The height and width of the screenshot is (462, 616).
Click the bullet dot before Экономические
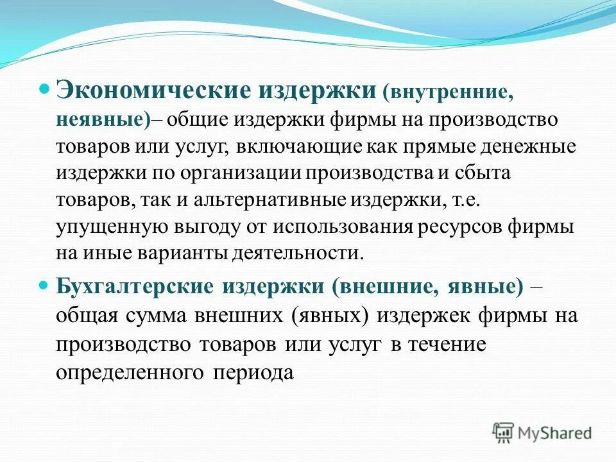44,87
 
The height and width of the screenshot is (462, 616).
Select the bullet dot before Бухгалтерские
44,283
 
